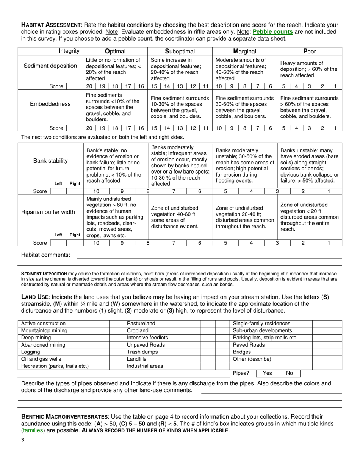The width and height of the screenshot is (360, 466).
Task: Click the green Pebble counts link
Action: (x=272, y=32)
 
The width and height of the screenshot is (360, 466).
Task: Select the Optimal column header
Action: (x=115, y=51)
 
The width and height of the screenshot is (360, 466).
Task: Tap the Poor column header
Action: (x=310, y=51)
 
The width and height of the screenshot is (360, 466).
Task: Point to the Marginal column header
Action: (x=245, y=51)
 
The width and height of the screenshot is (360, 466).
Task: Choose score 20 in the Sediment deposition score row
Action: (x=89, y=86)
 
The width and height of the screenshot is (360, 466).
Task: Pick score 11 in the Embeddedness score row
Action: (x=206, y=128)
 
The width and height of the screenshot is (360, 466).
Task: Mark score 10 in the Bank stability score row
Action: (x=96, y=191)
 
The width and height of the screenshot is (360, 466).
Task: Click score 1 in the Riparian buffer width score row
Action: (x=329, y=243)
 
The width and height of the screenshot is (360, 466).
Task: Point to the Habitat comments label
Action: (x=45, y=255)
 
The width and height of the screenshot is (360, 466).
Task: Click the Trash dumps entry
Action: (x=142, y=352)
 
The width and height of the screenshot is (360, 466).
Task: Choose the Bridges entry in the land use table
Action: (x=242, y=352)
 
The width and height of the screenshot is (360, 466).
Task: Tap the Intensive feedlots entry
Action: (x=147, y=338)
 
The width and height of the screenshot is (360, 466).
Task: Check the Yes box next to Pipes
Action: (x=267, y=373)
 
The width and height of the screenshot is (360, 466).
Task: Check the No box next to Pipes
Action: (x=289, y=373)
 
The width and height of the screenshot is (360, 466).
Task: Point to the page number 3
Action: (x=23, y=440)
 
